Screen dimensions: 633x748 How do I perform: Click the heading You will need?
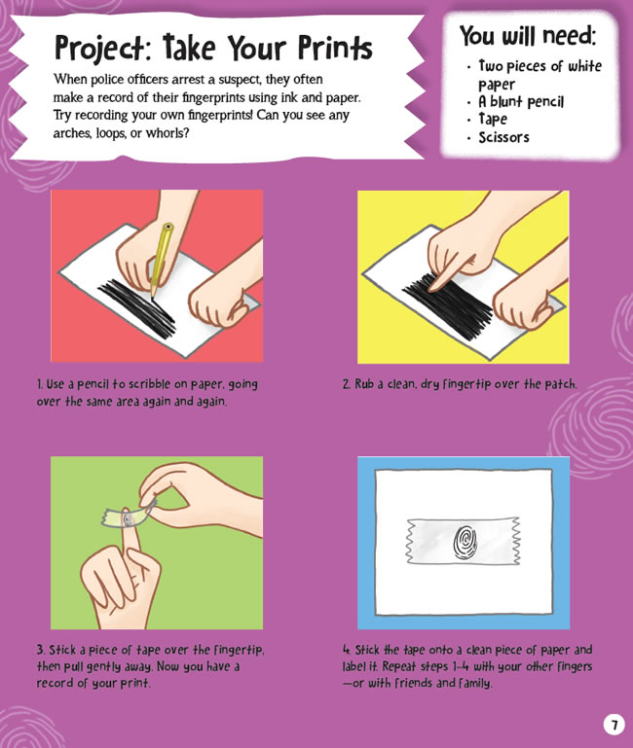coord(528,35)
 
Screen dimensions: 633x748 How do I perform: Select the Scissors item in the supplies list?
coord(504,137)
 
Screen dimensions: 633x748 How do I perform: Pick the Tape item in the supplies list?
coord(493,119)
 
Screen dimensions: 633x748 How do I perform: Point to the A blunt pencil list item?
coord(521,101)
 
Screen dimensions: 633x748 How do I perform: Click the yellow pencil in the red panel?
coord(161,261)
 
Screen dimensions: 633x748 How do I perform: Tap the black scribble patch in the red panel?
coord(136,308)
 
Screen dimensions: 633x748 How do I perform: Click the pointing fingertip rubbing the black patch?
coord(435,285)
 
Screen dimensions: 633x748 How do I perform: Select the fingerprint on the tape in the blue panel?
coord(464,542)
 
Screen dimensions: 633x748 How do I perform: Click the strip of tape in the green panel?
coord(129,516)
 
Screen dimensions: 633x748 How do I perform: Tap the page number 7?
coord(614,725)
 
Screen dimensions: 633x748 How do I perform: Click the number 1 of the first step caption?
coord(40,384)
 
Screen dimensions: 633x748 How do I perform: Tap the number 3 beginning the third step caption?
coord(40,650)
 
